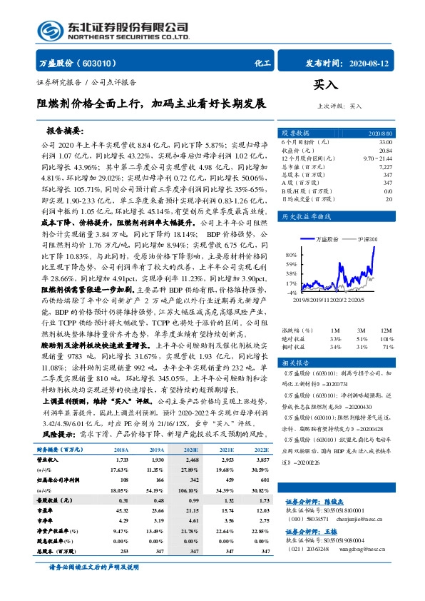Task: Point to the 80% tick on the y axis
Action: point(292,255)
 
